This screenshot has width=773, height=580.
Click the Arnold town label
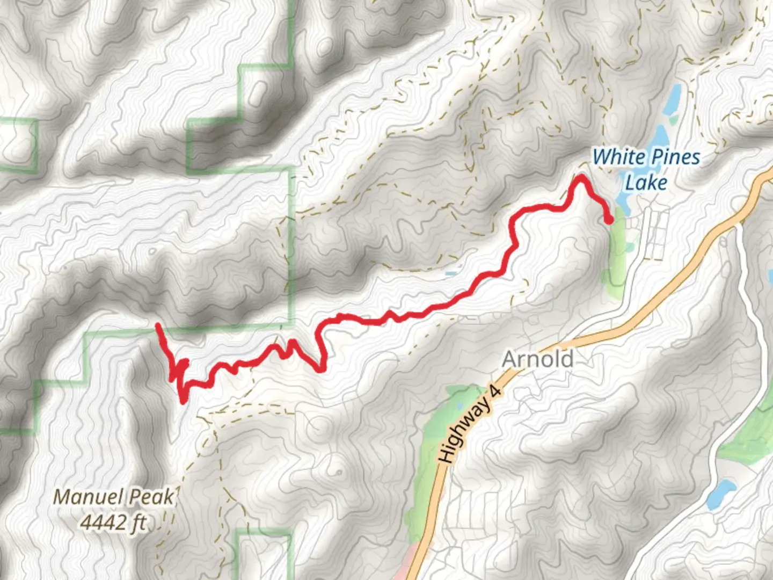pos(537,359)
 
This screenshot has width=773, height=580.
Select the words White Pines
pos(646,157)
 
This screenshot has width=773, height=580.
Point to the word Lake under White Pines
pos(646,183)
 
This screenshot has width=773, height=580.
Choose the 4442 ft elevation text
pos(114,522)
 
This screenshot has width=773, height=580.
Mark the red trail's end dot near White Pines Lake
pos(609,220)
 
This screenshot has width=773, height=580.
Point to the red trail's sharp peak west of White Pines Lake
pos(581,177)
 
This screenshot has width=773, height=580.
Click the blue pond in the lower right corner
pos(720,494)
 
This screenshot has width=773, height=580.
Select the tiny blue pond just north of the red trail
pos(451,274)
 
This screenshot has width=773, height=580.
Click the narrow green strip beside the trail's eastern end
pos(617,247)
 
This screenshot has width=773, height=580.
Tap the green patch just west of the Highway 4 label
pos(437,430)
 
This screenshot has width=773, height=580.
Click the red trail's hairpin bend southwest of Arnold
pos(320,368)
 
